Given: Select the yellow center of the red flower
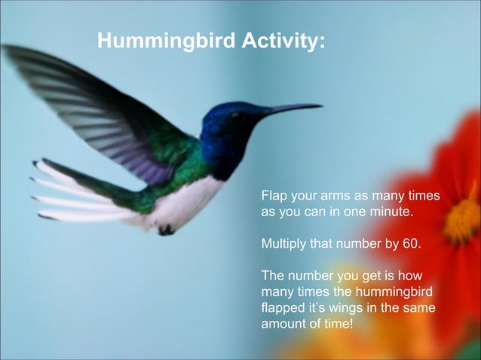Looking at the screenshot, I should click(461, 220).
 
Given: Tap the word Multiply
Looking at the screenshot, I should click(284, 245).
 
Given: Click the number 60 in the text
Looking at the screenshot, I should click(411, 245).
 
